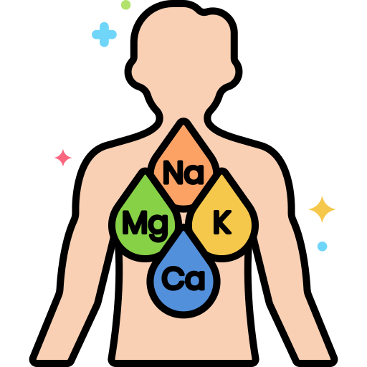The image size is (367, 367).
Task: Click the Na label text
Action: (x=183, y=173)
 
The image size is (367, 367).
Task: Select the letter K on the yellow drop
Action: (x=222, y=222)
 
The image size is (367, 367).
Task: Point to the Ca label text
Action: (x=183, y=278)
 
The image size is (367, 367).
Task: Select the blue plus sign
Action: (x=104, y=34)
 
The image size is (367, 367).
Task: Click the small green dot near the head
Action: (x=126, y=5)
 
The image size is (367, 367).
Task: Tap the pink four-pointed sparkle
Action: (x=63, y=158)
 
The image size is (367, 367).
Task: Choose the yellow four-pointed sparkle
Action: (x=322, y=209)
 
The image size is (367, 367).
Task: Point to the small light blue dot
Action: (x=322, y=247)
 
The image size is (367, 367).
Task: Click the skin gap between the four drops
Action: (x=183, y=218)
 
